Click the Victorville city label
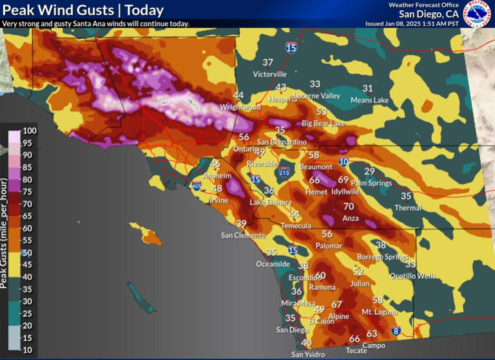pyautogui.click(x=269, y=74)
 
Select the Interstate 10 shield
pyautogui.click(x=344, y=162)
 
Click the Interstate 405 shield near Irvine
pyautogui.click(x=197, y=187)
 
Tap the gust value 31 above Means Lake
pyautogui.click(x=367, y=89)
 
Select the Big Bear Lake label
pyautogui.click(x=324, y=124)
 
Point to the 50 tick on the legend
pyautogui.click(x=27, y=252)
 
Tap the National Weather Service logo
pyautogui.click(x=478, y=14)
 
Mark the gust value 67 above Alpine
pyautogui.click(x=336, y=305)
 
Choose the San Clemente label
pyautogui.click(x=243, y=235)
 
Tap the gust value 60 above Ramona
pyautogui.click(x=320, y=276)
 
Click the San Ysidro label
pyautogui.click(x=310, y=354)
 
